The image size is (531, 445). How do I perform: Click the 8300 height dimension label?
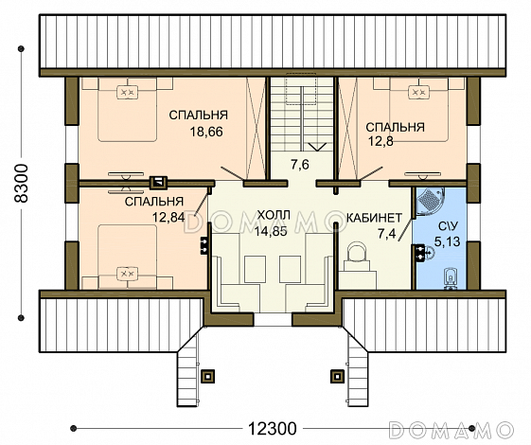pyautogui.click(x=23, y=184)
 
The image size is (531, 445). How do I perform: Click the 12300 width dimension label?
pyautogui.click(x=273, y=428)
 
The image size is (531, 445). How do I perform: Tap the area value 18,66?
pyautogui.click(x=206, y=132)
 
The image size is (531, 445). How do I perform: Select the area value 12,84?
pyautogui.click(x=168, y=217)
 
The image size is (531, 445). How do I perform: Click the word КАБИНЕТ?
pyautogui.click(x=374, y=218)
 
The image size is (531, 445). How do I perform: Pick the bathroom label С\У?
pyautogui.click(x=447, y=226)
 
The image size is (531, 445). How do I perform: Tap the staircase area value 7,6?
pyautogui.click(x=300, y=165)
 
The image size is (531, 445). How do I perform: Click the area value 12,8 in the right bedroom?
pyautogui.click(x=381, y=141)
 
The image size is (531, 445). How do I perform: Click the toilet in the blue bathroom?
pyautogui.click(x=450, y=278)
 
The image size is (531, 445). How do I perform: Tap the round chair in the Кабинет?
pyautogui.click(x=357, y=251)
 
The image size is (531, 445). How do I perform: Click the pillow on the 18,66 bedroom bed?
pyautogui.click(x=128, y=92)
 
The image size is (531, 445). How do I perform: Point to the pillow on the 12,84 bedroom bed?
pyautogui.click(x=128, y=274)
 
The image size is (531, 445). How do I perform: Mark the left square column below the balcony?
pyautogui.click(x=207, y=376)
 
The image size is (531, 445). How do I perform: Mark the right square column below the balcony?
pyautogui.click(x=337, y=376)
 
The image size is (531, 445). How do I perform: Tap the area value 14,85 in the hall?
pyautogui.click(x=271, y=231)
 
